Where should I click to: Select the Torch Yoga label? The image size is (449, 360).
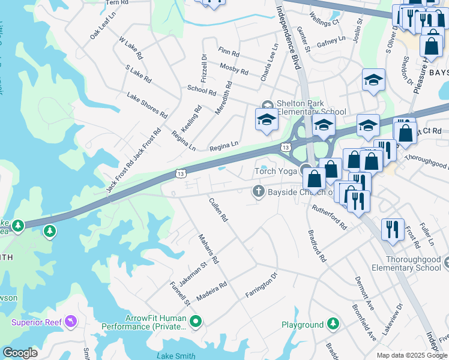click(275, 172)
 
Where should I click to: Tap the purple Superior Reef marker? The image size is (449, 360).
click(71, 322)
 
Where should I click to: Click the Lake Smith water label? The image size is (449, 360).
click(176, 356)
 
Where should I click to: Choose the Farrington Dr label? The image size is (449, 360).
click(261, 286)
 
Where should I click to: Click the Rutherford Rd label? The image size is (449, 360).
click(329, 217)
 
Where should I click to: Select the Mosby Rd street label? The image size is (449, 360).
click(234, 69)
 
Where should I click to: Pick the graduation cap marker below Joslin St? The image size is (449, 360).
click(373, 80)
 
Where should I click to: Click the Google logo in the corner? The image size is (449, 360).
click(20, 353)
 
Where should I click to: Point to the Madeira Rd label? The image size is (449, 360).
click(215, 289)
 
